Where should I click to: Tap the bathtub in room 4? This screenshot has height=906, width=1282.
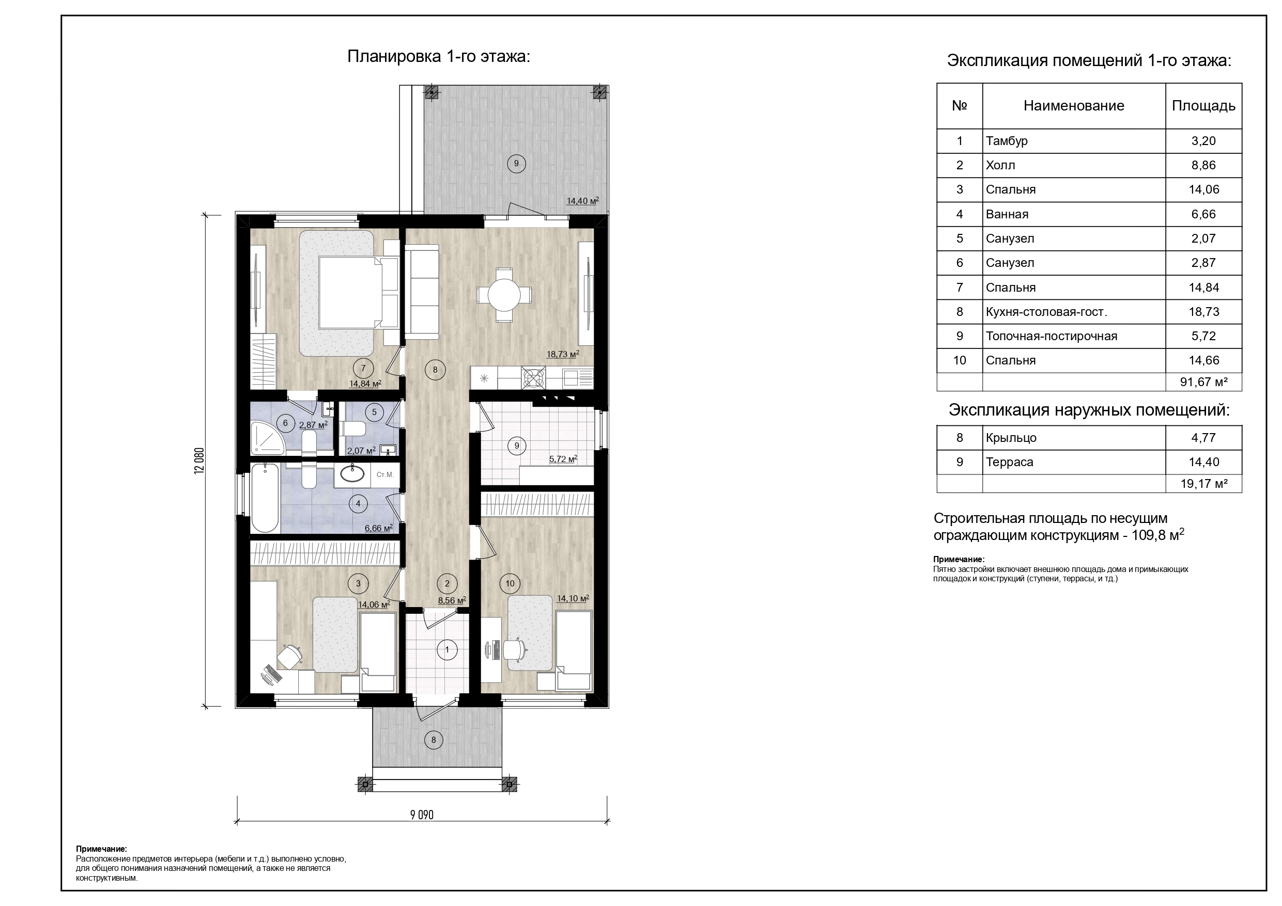pos(264,498)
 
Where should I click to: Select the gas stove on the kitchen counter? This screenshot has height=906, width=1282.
pos(533,378)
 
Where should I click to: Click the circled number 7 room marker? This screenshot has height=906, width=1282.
pos(363,368)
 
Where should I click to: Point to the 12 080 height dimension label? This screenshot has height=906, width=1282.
pos(199,460)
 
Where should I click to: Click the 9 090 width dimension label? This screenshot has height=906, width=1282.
pos(422,815)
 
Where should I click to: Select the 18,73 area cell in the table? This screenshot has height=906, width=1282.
pos(1203,312)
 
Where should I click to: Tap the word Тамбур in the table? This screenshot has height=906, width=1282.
pos(1006,141)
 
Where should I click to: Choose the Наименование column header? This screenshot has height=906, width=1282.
pos(1073,106)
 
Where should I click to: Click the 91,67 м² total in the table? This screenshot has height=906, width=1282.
pos(1203,382)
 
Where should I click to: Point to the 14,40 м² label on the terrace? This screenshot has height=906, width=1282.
pos(582,201)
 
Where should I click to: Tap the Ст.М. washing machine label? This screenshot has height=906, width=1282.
pos(385,475)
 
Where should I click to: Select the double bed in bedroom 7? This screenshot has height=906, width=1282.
pos(351,292)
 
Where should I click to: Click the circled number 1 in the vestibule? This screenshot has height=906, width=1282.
pos(446,649)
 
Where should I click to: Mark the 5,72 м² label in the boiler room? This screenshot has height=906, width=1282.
pos(563,459)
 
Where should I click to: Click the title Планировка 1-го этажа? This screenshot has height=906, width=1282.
pos(438,57)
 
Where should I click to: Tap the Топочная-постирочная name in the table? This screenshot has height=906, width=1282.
pos(1052,337)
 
